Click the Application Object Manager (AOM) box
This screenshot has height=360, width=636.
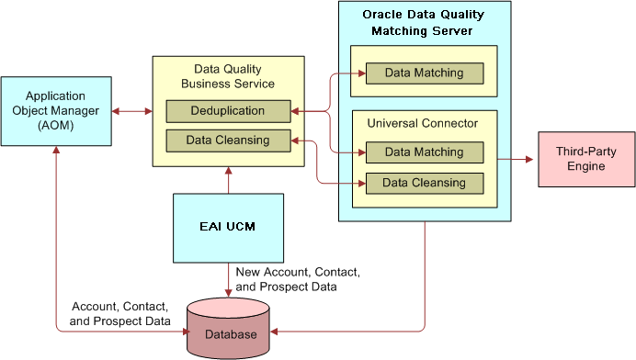click(x=56, y=111)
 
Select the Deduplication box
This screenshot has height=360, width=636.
click(x=228, y=111)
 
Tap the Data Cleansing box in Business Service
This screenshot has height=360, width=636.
click(x=228, y=141)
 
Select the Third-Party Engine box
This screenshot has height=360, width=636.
click(x=585, y=158)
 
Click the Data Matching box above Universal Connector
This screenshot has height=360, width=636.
click(x=424, y=73)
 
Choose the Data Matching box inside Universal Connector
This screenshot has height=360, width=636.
click(x=424, y=152)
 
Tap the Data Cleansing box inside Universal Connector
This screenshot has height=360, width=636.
click(x=424, y=183)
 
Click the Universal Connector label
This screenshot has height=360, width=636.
click(x=424, y=123)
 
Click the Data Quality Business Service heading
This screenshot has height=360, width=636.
click(x=228, y=76)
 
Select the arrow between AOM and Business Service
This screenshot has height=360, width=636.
click(x=131, y=111)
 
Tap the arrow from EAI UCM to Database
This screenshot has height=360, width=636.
click(x=229, y=280)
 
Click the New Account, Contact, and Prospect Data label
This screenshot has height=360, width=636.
click(x=297, y=280)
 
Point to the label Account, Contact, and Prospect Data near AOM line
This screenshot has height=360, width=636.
click(x=120, y=314)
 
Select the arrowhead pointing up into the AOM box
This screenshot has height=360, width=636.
click(x=56, y=151)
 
